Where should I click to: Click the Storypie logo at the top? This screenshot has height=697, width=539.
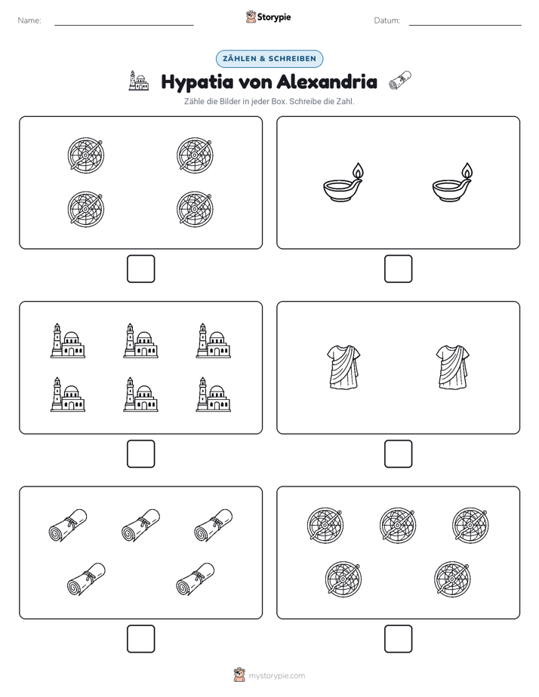[x=268, y=17]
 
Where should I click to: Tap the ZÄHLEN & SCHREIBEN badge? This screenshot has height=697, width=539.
[x=269, y=59]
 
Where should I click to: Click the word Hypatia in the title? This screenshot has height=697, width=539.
[x=197, y=83]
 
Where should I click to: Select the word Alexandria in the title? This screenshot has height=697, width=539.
[x=327, y=81]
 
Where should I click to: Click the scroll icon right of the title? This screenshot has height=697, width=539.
[x=400, y=81]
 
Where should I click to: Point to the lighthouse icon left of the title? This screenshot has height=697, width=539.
[x=139, y=81]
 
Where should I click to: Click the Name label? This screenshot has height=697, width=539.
[x=29, y=20]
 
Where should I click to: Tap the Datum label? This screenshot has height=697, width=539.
[x=387, y=20]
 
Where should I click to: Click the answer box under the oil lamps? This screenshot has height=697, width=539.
[x=398, y=269]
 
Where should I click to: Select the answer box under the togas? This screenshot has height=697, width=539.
[x=398, y=454]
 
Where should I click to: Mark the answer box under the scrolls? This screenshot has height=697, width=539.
[x=141, y=639]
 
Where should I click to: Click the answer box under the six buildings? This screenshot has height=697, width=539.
[x=141, y=454]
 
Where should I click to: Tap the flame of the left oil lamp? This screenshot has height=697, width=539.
[x=358, y=170]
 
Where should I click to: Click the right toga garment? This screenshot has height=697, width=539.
[x=453, y=367]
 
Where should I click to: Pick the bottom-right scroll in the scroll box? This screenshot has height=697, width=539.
[x=196, y=579]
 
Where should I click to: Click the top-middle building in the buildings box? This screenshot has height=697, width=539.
[x=140, y=340]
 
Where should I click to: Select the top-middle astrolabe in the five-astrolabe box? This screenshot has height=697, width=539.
[x=398, y=525]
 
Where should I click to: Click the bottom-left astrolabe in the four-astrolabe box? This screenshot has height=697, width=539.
[x=86, y=209]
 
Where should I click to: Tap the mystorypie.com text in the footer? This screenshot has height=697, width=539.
[x=276, y=676]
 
